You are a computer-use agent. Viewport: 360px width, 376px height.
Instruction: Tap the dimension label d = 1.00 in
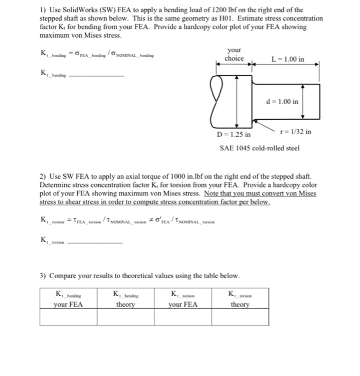click(283, 101)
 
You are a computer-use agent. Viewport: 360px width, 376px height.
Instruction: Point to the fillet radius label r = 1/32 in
click(296, 132)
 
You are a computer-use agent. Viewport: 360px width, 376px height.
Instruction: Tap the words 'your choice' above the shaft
click(234, 54)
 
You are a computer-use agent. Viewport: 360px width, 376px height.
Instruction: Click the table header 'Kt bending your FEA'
click(68, 299)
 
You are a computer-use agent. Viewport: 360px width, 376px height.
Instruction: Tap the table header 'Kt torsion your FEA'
click(183, 299)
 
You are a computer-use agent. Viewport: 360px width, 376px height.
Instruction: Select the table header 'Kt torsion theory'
click(240, 299)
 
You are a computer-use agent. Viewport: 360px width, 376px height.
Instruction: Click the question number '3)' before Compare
click(43, 276)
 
